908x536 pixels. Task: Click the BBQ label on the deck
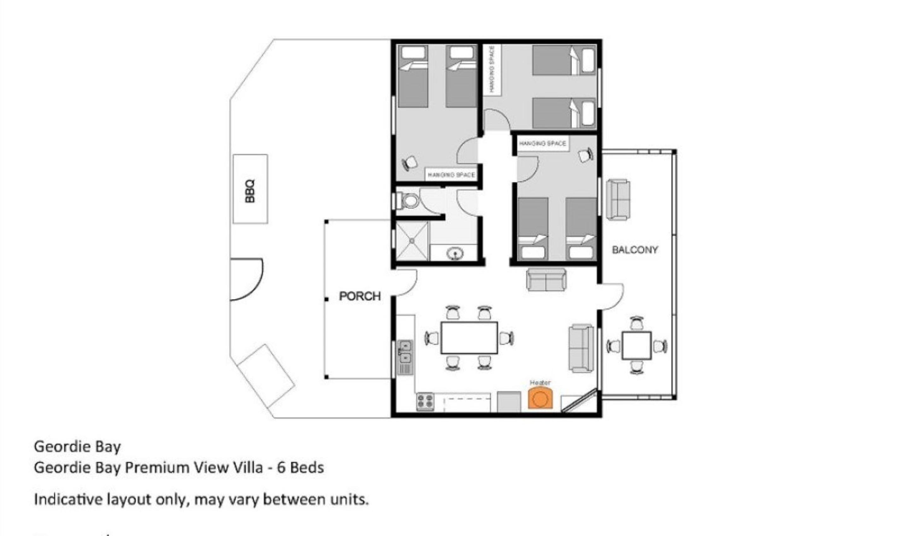(x=250, y=191)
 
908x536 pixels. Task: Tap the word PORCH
(x=360, y=296)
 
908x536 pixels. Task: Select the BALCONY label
(x=635, y=250)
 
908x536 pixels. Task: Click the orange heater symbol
(x=540, y=398)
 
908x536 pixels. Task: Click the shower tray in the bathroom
(x=412, y=241)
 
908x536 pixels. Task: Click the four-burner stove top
(x=425, y=402)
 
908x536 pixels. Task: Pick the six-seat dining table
(x=469, y=338)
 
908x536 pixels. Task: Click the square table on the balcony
(x=636, y=346)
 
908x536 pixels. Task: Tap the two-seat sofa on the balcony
(x=618, y=200)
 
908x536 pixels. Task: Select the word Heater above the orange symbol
(x=540, y=382)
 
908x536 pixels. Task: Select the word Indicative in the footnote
(x=68, y=499)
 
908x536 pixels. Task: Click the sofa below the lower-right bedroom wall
(x=546, y=280)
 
